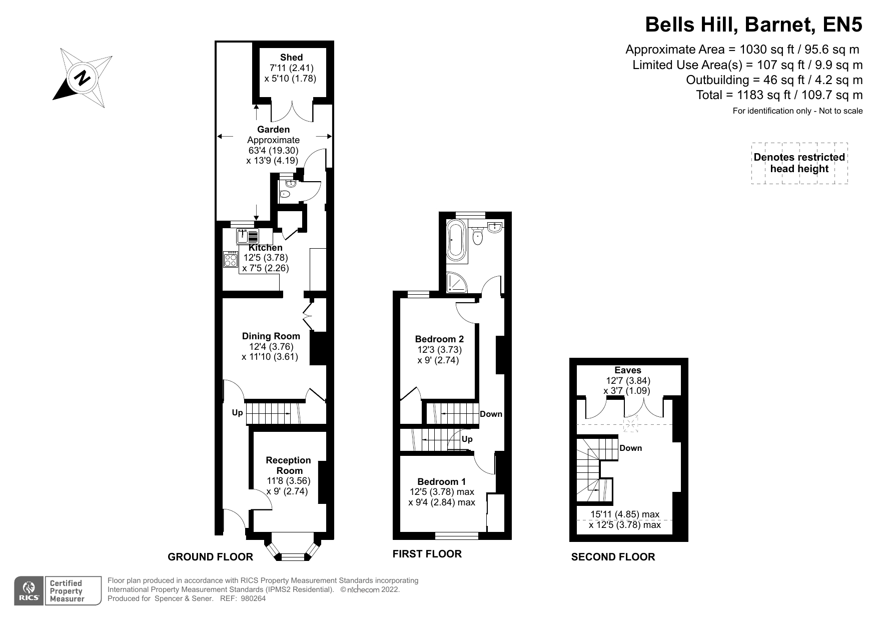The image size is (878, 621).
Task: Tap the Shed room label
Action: click(x=291, y=58)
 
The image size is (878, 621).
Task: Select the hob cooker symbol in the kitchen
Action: click(x=231, y=260)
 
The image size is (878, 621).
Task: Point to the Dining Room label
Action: click(x=271, y=336)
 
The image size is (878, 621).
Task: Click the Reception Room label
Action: click(x=288, y=465)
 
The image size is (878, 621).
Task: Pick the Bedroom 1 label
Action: click(x=441, y=482)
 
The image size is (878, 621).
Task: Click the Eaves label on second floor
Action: click(x=627, y=370)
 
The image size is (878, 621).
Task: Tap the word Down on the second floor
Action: click(x=630, y=448)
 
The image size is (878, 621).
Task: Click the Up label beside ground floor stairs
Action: click(x=237, y=413)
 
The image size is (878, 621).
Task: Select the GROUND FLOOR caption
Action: click(x=210, y=557)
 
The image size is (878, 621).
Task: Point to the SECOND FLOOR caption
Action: click(x=613, y=557)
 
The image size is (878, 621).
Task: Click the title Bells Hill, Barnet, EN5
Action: click(x=753, y=25)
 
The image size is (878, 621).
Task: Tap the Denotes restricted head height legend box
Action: click(x=799, y=163)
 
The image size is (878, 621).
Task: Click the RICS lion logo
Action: click(x=29, y=590)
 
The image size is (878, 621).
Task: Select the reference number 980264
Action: click(x=253, y=598)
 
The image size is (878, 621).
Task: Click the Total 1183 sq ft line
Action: click(x=779, y=95)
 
